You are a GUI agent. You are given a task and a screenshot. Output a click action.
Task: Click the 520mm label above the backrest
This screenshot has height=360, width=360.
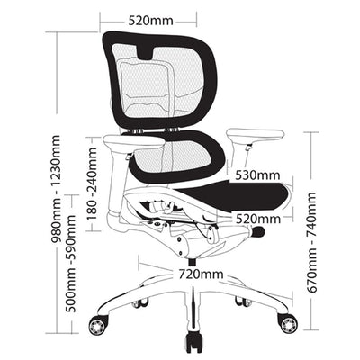151,21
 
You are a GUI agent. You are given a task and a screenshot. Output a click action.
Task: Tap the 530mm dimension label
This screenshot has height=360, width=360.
257,175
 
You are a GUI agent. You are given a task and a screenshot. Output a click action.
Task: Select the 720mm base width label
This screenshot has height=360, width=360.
201,274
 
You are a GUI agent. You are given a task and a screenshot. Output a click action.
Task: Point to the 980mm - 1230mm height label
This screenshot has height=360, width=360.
56,189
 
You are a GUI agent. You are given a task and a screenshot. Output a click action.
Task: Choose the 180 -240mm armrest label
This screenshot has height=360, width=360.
93,184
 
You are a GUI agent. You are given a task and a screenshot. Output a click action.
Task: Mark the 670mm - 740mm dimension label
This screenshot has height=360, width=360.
311,242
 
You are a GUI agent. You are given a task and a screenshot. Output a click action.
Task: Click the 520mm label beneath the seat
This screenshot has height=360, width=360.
258,219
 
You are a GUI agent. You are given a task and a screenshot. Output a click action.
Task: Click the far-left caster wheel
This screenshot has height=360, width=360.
98,324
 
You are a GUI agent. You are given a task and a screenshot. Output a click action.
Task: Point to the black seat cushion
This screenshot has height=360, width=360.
237,196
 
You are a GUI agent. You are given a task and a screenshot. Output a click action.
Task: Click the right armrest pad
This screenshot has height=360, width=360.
256,134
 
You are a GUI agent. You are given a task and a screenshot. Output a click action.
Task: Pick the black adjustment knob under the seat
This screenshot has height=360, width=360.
257,232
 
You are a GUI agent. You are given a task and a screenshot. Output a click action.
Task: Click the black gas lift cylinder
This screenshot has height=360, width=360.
193,262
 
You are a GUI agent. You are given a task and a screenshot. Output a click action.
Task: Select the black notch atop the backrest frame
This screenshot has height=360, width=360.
146,51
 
